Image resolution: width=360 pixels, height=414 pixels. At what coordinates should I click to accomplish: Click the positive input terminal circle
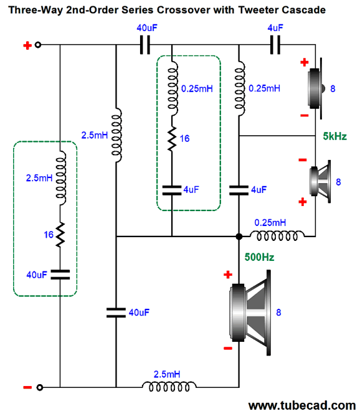[x=38, y=45]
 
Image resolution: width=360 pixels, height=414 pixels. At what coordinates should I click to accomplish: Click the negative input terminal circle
[x=40, y=387]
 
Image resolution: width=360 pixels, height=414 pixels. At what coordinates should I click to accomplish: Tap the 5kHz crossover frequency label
[x=334, y=136]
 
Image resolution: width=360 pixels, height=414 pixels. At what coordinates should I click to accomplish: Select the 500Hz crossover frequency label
[x=259, y=257]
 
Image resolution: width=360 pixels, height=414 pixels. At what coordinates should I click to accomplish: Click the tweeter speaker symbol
[x=316, y=88]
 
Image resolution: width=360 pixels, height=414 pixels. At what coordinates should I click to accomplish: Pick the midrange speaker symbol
[x=320, y=182]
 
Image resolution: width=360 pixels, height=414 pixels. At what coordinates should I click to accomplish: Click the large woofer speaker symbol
[x=250, y=313]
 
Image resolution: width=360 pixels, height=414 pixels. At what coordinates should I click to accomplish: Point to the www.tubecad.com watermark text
[x=302, y=405]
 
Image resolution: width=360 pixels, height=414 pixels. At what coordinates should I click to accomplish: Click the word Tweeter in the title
[x=258, y=10]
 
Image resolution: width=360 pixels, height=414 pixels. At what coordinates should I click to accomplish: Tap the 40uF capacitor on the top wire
[x=144, y=45]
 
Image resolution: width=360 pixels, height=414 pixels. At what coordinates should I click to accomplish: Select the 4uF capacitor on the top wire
[x=275, y=45]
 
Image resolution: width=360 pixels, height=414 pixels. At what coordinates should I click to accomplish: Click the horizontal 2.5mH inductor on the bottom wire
[x=169, y=387]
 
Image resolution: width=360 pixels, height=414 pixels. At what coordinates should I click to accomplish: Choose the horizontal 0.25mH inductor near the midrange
[x=277, y=236]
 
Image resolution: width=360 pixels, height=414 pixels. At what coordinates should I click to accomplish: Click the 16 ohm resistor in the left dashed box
[x=60, y=235]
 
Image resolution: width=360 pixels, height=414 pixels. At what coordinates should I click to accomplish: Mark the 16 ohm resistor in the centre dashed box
[x=172, y=139]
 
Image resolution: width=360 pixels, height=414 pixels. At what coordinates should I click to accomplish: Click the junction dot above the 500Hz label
[x=239, y=237]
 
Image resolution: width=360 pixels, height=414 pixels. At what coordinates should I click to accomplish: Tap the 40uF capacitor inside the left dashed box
[x=60, y=275]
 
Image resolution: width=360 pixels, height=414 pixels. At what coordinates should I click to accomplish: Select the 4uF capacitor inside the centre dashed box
[x=172, y=190]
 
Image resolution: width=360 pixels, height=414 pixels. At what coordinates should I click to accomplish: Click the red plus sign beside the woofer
[x=228, y=275]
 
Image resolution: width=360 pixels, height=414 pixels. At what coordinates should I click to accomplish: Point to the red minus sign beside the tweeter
[x=305, y=115]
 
